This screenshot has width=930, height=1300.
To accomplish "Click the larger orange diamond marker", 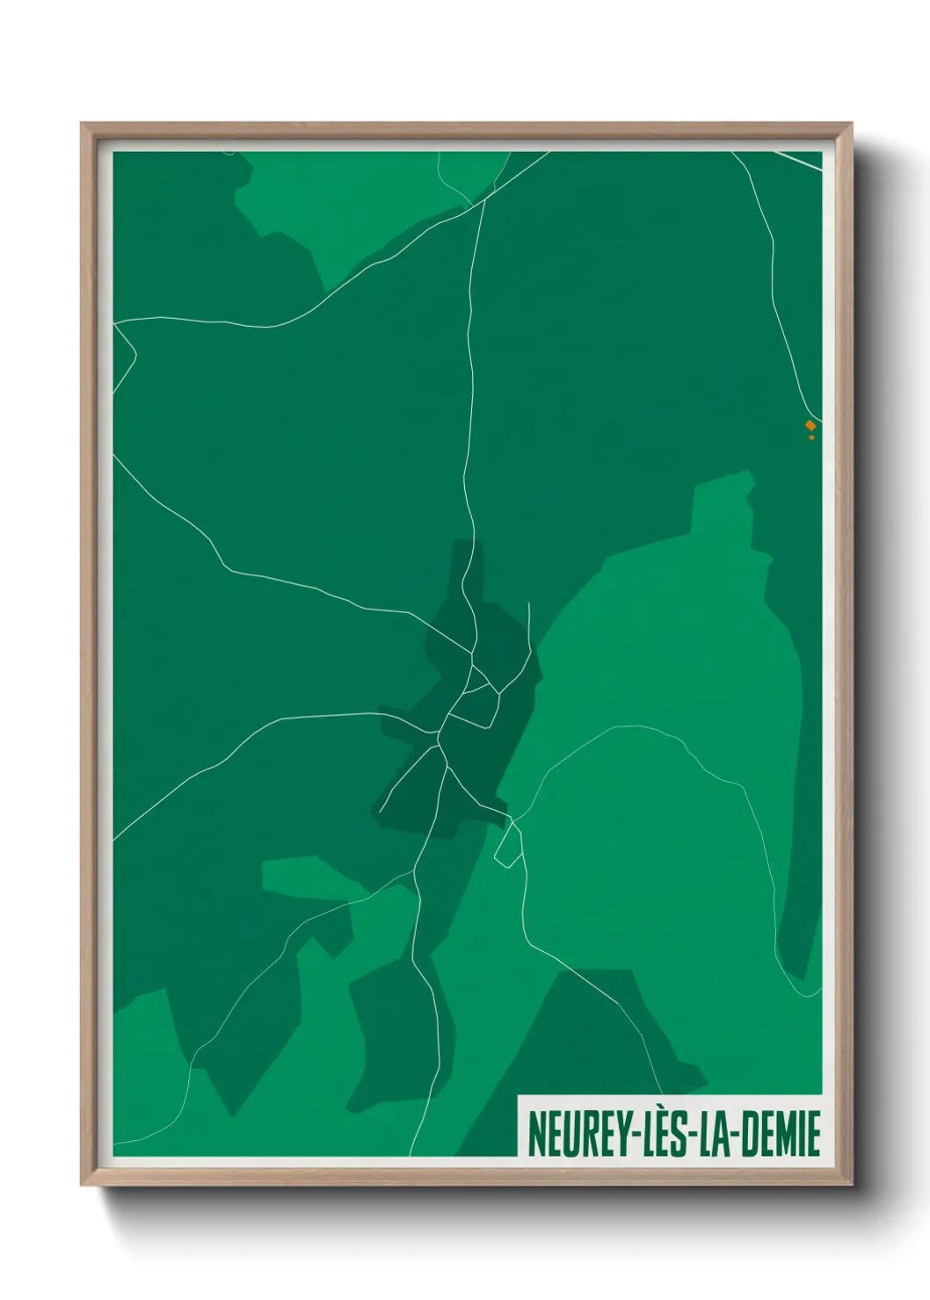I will coord(810,425).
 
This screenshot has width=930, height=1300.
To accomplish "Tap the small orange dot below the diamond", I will coord(811,437).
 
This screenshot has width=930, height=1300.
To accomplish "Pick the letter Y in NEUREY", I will coord(619,1134).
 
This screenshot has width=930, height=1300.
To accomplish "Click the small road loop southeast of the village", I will coord(508,847).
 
